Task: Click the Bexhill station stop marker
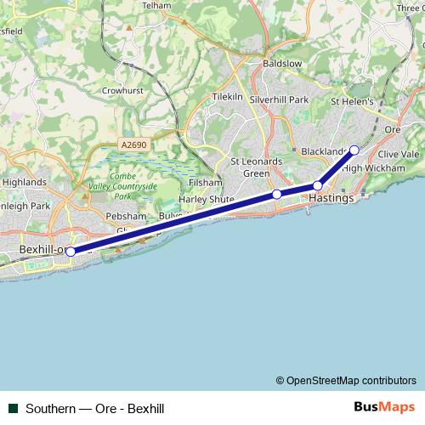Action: coord(71,252)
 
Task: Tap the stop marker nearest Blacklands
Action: coord(354,150)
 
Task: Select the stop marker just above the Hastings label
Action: coord(317,185)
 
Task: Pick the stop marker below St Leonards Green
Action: coord(276,195)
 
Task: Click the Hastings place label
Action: coord(330,198)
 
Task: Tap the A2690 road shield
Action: coord(134,145)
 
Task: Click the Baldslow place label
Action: coord(283,64)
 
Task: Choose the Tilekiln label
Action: coord(228,97)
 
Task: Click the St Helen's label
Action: coord(353,101)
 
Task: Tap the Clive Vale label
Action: coord(399,154)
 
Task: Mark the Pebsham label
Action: coord(120,217)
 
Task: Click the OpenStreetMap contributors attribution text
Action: coord(346,380)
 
